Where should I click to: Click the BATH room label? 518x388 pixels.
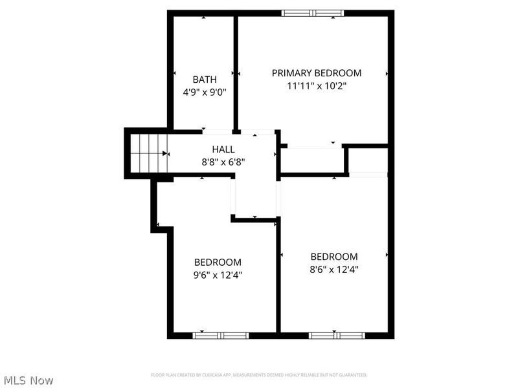tap(205, 80)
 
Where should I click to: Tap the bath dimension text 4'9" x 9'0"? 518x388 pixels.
tap(205, 92)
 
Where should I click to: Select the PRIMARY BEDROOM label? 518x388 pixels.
tap(316, 73)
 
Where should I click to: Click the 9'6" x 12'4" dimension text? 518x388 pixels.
tap(218, 274)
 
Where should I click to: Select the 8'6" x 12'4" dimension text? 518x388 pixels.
tap(334, 268)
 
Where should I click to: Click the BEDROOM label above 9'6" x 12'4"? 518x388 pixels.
tap(218, 262)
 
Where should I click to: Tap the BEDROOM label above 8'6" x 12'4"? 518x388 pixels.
tap(334, 256)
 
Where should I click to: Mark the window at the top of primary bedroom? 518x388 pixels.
tap(313, 13)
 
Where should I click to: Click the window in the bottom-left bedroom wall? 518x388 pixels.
tap(221, 335)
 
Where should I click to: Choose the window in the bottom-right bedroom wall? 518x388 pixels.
tap(337, 335)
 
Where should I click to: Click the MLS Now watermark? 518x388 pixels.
tap(28, 380)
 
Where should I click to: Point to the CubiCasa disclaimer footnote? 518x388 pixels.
tap(259, 375)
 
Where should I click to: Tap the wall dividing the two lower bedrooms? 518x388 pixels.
tap(279, 278)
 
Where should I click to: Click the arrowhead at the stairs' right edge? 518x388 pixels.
tap(165, 154)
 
